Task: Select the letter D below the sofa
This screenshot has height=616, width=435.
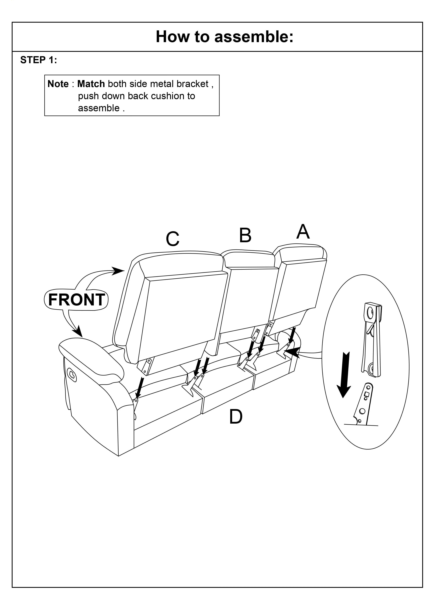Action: point(236,417)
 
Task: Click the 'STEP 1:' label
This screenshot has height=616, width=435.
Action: point(39,60)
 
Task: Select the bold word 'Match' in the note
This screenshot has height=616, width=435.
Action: point(91,84)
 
